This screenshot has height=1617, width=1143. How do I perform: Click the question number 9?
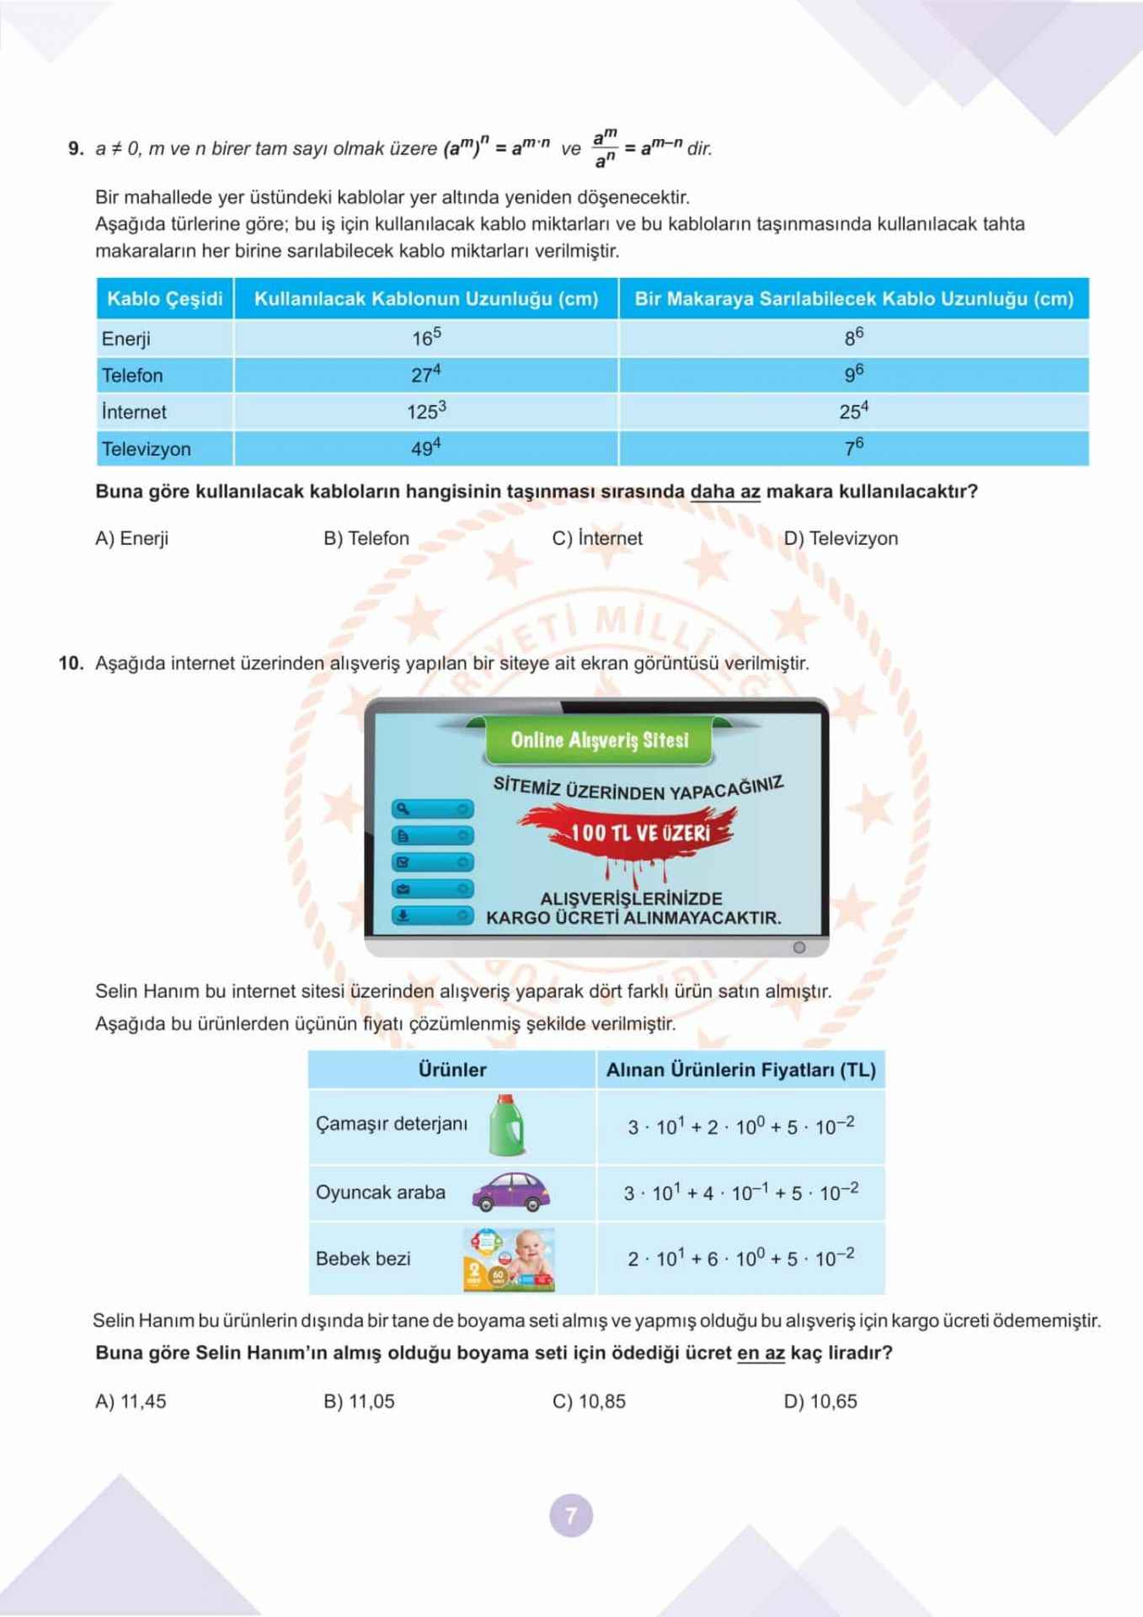tap(76, 149)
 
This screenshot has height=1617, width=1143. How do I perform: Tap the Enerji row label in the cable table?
tap(126, 339)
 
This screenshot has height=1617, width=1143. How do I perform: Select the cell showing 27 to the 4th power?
tap(426, 375)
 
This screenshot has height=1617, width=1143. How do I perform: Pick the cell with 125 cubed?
tap(426, 411)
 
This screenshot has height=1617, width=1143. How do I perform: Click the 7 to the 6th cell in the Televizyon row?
tap(854, 448)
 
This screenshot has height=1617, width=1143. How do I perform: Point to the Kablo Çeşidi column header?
tap(165, 299)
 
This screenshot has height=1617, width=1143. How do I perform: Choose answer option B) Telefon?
tap(366, 538)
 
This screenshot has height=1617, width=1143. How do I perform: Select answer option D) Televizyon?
tap(841, 538)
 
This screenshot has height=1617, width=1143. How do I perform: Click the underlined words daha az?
tap(724, 492)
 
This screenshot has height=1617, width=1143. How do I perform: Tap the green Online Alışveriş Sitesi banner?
tap(599, 740)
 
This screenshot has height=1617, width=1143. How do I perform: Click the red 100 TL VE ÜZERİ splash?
tap(639, 832)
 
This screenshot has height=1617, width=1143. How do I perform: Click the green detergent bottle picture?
tap(507, 1125)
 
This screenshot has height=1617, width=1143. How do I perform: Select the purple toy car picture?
tap(510, 1193)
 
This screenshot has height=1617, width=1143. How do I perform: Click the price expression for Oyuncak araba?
tap(741, 1193)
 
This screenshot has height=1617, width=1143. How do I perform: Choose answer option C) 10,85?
tap(589, 1401)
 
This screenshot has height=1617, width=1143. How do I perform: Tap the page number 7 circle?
tap(571, 1516)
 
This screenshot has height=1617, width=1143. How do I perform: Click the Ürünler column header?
tap(452, 1070)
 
